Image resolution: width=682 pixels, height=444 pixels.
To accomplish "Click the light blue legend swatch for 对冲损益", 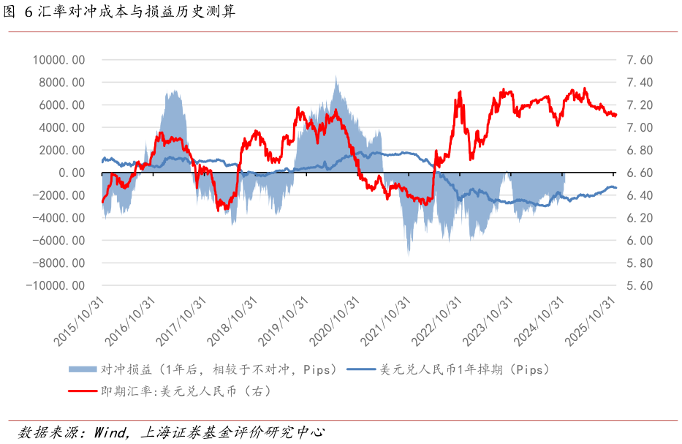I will [x=82, y=369].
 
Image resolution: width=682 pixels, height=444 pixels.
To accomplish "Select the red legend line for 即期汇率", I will [x=82, y=391].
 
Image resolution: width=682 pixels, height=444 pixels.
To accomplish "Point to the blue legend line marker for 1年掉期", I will [x=361, y=369].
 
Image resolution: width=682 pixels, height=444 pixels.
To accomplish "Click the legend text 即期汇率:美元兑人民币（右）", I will [x=186, y=391].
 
